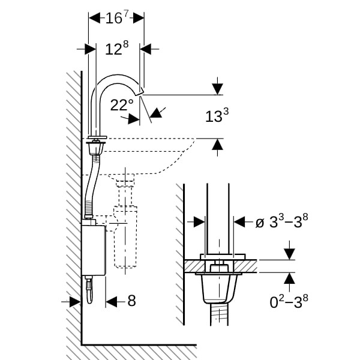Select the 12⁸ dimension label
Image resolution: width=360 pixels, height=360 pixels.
click(117, 49)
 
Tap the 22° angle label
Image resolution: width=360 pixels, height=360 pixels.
click(122, 105)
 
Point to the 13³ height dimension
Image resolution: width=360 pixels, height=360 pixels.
click(217, 116)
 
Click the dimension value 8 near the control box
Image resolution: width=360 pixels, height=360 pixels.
click(131, 301)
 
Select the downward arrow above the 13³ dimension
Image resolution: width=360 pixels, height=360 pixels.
click(217, 88)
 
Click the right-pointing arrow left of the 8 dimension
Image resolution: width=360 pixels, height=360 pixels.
click(74, 301)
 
